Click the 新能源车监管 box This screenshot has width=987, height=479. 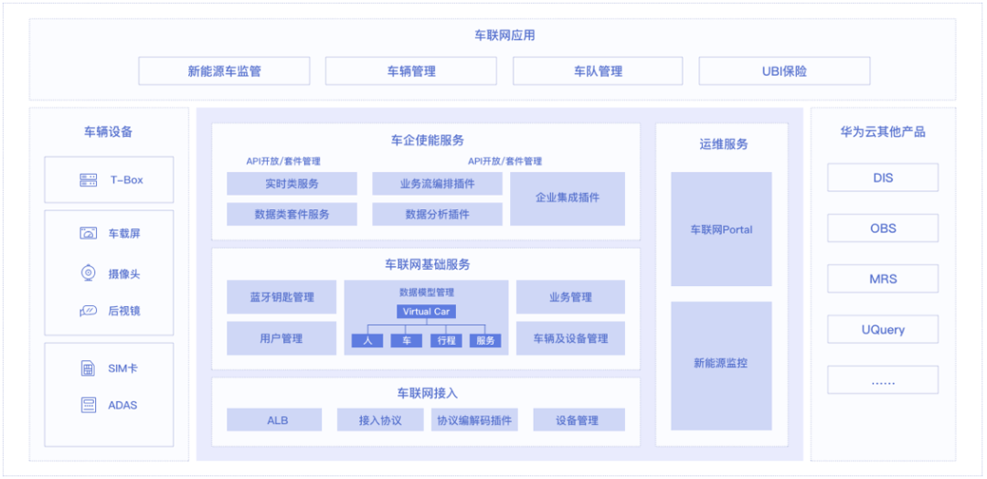(x=224, y=71)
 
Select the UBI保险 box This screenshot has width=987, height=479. (x=784, y=71)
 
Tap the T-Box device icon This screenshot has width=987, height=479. (x=89, y=180)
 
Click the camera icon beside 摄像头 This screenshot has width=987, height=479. (x=89, y=273)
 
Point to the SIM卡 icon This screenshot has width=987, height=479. (x=89, y=368)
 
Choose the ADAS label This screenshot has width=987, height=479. (x=122, y=405)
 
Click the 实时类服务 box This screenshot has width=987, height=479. (x=292, y=184)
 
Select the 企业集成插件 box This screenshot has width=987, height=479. (x=567, y=198)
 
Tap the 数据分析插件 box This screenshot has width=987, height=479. (x=437, y=214)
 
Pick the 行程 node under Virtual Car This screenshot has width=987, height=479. (x=446, y=341)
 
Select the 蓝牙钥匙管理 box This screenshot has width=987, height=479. (x=281, y=297)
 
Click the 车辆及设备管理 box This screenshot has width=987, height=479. (x=570, y=338)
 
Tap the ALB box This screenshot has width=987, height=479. (x=275, y=420)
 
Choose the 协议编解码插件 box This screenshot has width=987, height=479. (x=473, y=420)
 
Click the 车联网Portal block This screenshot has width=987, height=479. (x=721, y=229)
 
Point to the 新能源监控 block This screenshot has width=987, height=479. (x=721, y=364)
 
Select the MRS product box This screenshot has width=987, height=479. (x=883, y=279)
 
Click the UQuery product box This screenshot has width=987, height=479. (x=883, y=329)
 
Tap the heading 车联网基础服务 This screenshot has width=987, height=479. (x=427, y=264)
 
